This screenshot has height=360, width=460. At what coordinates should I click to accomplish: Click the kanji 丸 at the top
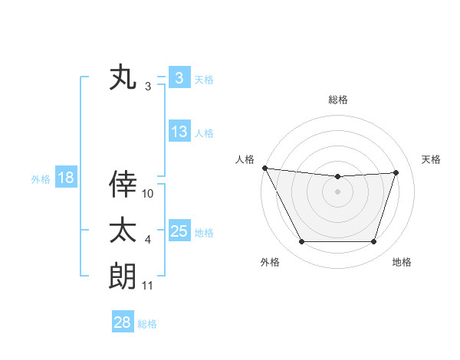coord(123,78)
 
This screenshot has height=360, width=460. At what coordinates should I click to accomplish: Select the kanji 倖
coord(123,185)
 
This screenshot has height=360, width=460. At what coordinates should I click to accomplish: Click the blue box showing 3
coord(178,78)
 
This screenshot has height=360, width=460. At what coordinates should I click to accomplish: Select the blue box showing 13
coord(179,132)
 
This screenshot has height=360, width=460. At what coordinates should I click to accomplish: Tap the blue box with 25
coord(179,231)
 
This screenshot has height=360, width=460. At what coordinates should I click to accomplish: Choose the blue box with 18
coord(65,178)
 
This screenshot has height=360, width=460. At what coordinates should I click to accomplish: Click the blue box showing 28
coord(122,322)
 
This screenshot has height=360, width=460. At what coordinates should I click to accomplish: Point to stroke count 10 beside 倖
coord(148,194)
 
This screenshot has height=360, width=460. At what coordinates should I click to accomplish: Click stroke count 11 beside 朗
coord(148,286)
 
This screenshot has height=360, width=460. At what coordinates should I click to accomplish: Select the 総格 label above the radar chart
coord(338,100)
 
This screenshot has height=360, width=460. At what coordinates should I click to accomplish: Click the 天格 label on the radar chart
coord(432,159)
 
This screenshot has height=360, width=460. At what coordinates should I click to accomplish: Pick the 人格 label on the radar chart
coord(245,159)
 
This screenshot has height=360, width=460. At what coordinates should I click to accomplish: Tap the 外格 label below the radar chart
coord(270,262)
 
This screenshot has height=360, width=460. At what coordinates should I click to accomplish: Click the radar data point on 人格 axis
coord(264,168)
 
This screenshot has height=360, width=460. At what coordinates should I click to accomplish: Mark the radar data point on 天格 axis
coord(396,172)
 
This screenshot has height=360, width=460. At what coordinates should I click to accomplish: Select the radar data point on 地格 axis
coord(374,242)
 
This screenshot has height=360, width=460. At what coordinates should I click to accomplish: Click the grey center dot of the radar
coord(338,191)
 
